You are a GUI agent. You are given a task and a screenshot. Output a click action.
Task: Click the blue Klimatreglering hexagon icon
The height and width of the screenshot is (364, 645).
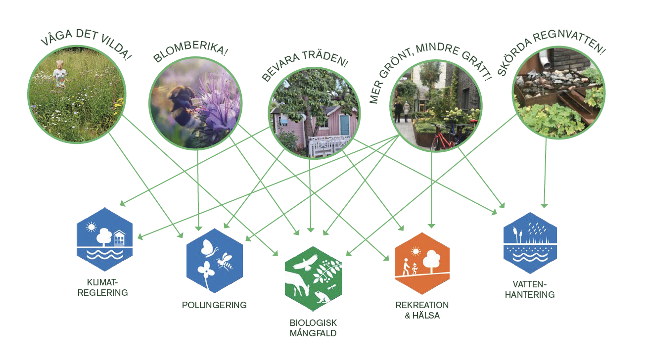(104, 239)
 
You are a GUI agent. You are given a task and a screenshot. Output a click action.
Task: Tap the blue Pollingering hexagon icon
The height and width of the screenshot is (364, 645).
(215, 260)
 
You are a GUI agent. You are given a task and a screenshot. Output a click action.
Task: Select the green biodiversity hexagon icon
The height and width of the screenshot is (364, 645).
(314, 278)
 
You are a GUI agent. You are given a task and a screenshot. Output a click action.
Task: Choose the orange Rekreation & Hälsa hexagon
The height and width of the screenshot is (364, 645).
(422, 263)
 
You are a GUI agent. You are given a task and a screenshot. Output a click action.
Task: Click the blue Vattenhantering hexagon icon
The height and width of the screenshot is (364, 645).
(530, 243)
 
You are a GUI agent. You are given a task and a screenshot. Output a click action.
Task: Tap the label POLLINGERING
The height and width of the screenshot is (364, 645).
(214, 305)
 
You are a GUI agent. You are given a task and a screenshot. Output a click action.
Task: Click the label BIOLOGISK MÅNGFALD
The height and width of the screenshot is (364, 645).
(313, 328)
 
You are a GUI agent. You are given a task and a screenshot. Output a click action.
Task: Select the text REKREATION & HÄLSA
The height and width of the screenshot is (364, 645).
(422, 310)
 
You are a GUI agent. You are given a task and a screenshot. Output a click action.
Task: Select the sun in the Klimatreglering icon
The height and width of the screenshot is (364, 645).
(91, 227)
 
